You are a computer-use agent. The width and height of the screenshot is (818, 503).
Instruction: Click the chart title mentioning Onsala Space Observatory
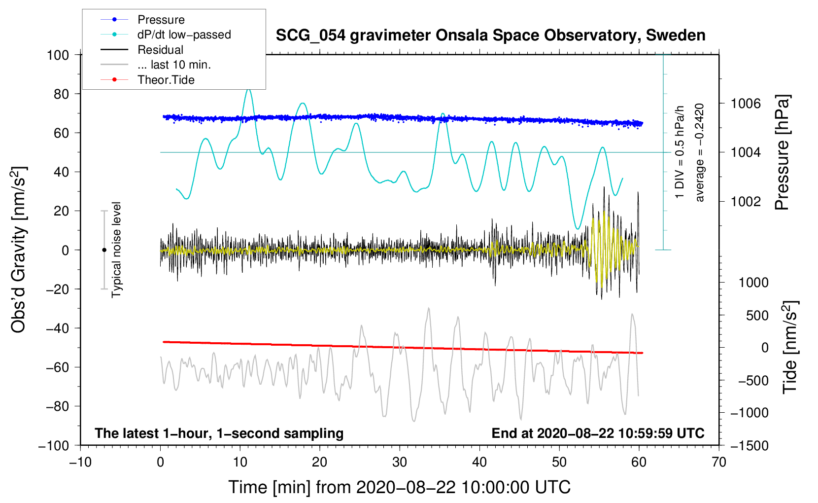tap(490, 36)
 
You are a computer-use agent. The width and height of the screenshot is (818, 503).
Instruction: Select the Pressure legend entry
tap(142, 20)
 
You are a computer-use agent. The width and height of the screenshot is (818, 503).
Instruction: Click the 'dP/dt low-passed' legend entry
tap(166, 35)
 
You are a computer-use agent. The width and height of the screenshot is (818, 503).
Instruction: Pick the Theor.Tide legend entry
tap(147, 80)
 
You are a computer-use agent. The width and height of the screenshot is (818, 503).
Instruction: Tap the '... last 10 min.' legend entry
tap(156, 65)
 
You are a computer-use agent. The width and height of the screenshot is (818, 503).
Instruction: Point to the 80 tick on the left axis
tap(61, 94)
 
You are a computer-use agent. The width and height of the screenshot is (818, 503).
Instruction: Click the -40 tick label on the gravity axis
tap(57, 328)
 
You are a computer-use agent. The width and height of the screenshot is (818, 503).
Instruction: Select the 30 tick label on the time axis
tap(400, 463)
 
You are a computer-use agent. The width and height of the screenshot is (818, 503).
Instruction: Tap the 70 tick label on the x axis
tap(718, 463)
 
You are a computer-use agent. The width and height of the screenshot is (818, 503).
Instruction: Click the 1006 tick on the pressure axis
tap(746, 104)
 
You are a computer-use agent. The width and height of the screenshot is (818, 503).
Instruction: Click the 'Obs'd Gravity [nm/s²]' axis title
tap(18, 250)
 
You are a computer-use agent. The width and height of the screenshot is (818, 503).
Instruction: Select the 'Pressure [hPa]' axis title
tap(782, 152)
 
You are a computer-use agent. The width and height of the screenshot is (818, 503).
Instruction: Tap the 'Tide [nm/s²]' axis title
tap(790, 347)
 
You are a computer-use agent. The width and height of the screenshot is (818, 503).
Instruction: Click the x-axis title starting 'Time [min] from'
tap(400, 488)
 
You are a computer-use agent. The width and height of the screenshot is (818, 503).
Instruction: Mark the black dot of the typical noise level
tap(104, 250)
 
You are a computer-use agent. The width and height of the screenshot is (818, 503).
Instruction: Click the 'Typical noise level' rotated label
tap(116, 250)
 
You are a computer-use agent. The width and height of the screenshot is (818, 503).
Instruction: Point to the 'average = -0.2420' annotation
tap(700, 152)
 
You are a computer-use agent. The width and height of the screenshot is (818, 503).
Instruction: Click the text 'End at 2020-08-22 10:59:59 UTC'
tap(598, 433)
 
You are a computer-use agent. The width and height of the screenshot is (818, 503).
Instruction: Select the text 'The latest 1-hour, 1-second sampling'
tap(219, 433)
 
